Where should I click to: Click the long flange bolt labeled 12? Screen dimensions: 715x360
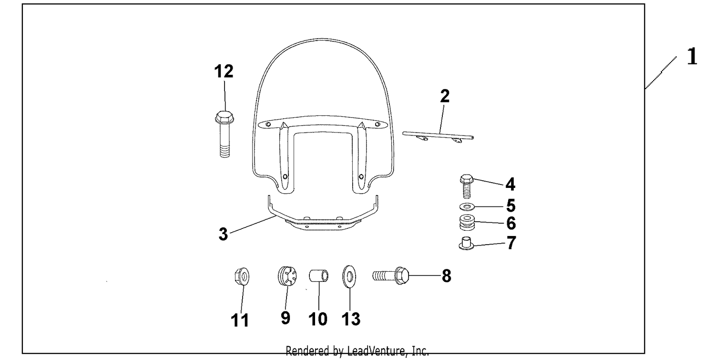225,134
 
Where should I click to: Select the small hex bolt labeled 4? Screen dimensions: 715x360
466,186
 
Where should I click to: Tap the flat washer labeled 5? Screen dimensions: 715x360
467,207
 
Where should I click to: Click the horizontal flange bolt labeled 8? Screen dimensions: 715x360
391,276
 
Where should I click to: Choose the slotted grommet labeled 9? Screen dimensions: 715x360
287,276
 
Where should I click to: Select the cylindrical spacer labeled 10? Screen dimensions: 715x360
318,276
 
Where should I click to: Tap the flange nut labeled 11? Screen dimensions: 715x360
242,276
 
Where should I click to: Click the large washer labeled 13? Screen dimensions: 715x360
349,276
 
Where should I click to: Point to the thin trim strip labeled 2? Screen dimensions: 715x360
438,136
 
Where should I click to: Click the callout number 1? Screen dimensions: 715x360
692,57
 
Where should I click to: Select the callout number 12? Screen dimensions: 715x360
224,71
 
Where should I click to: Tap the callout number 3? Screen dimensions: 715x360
223,234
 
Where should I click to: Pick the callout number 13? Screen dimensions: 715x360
351,319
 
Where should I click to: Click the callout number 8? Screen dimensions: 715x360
446,276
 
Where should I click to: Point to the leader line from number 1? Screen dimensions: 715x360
661,72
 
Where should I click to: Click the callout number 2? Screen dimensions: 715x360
445,96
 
